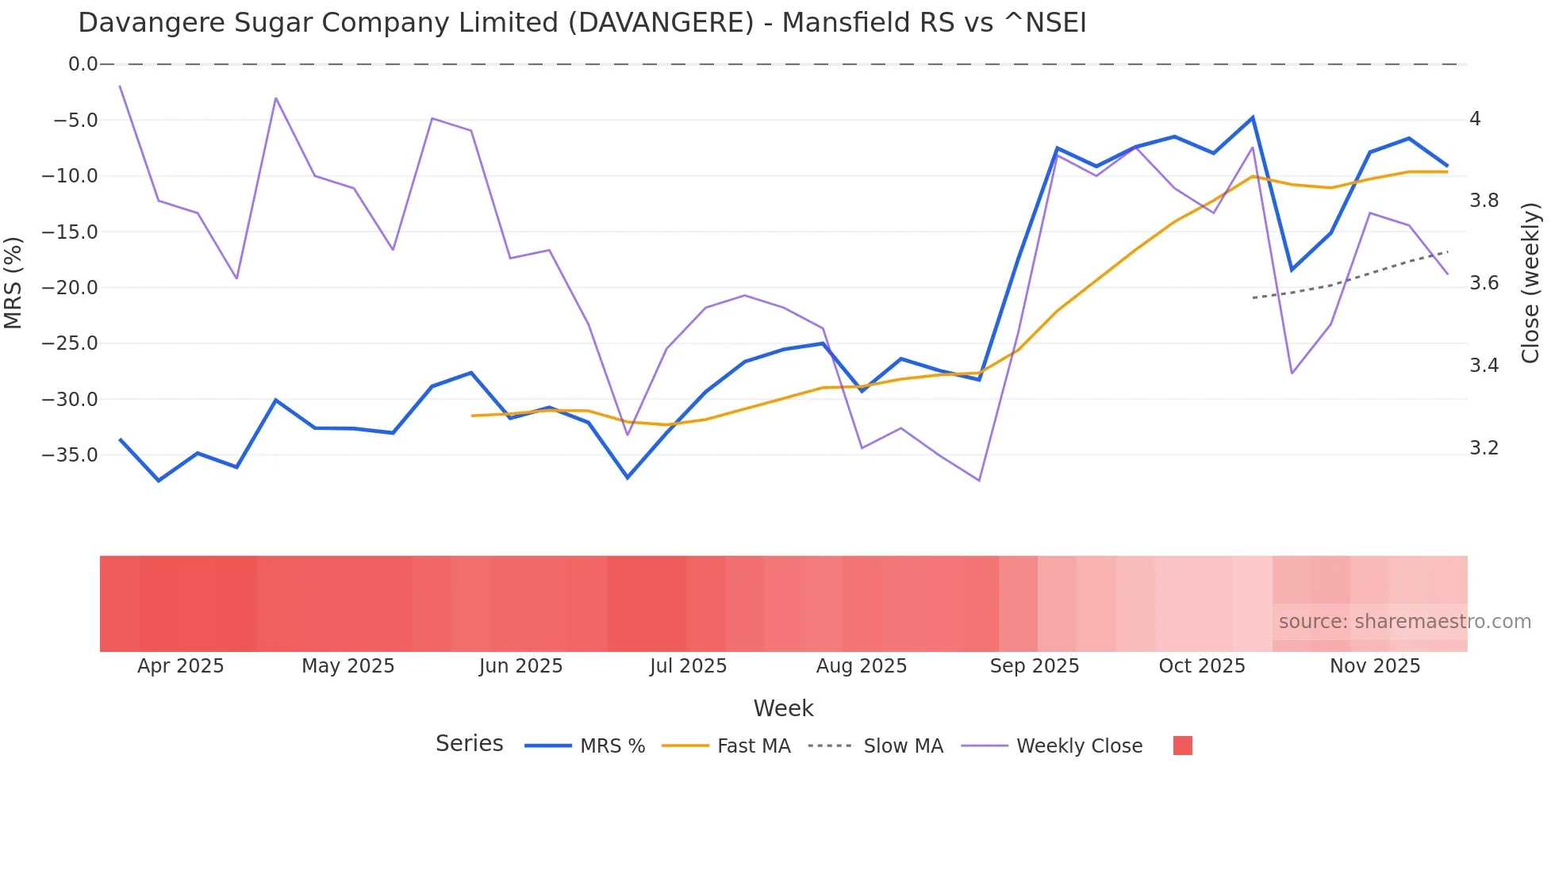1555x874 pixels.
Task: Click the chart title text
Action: tap(582, 23)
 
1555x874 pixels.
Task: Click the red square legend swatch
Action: tap(1182, 746)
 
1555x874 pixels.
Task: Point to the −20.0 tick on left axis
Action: tap(70, 288)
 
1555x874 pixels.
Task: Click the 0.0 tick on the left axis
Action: tap(83, 64)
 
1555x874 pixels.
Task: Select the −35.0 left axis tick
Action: tap(70, 455)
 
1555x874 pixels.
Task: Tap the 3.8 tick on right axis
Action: tap(1484, 201)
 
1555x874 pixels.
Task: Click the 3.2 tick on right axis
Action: tap(1484, 448)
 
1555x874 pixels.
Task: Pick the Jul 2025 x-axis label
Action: tap(688, 666)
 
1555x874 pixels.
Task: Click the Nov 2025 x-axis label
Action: tap(1374, 666)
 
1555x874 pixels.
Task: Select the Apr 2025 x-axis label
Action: tap(180, 666)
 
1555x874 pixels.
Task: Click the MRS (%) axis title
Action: tap(13, 282)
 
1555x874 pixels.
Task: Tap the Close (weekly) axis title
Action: tap(1530, 282)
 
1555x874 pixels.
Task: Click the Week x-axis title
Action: tap(783, 708)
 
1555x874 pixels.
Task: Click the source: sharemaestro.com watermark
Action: tap(1404, 622)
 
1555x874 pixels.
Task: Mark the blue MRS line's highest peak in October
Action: tap(1253, 117)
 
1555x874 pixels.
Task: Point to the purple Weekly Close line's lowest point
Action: tap(979, 481)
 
